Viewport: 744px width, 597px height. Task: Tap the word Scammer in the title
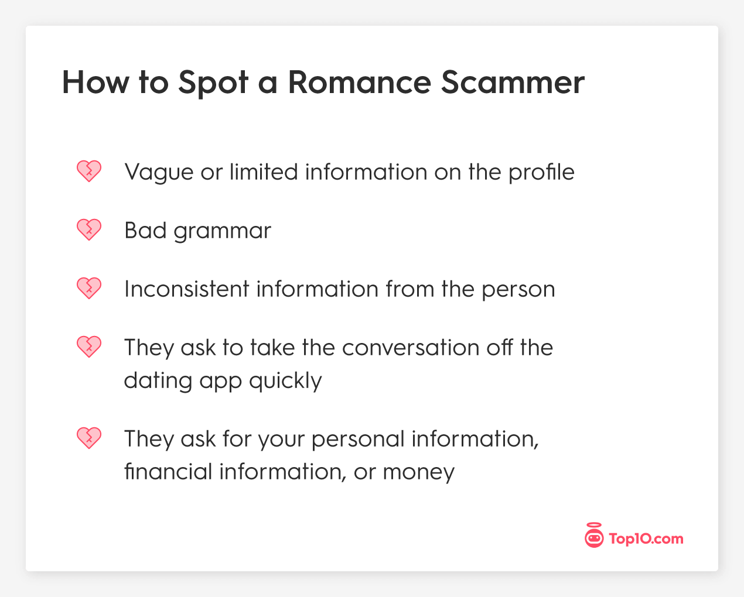click(513, 82)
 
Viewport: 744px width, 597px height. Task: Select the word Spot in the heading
click(213, 82)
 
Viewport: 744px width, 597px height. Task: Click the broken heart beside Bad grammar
click(89, 230)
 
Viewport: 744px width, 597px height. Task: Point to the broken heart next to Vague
click(89, 171)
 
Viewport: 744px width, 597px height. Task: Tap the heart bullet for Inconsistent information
click(89, 289)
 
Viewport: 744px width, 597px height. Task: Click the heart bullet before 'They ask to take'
click(89, 347)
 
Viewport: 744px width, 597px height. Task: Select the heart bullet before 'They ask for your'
click(89, 438)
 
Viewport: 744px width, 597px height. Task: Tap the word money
click(419, 472)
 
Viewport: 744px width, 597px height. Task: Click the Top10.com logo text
click(646, 538)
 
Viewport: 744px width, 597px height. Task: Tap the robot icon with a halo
click(594, 536)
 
